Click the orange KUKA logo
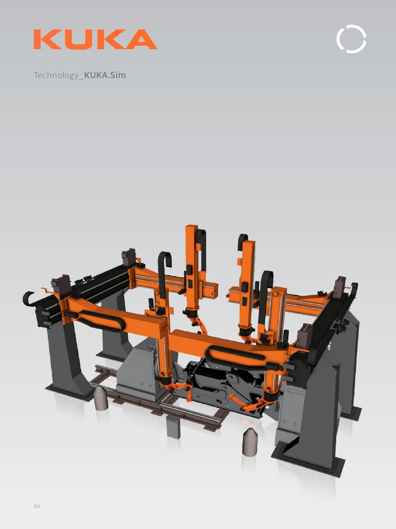click(95, 40)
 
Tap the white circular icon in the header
click(351, 39)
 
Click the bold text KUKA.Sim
click(105, 75)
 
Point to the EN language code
click(37, 506)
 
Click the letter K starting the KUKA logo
click(46, 40)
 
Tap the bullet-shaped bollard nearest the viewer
click(250, 442)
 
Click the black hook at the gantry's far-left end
click(28, 299)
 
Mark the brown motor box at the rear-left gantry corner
click(129, 257)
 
